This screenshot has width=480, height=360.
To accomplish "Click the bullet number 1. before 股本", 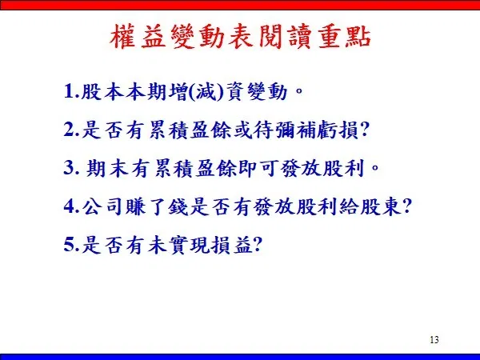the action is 71,91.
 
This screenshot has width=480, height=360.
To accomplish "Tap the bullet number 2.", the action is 71,130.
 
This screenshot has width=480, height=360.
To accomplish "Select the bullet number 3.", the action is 71,168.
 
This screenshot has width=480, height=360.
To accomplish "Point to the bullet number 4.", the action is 71,206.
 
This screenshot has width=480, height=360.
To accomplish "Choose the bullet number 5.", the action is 71,245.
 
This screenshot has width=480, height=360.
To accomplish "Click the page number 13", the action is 434,340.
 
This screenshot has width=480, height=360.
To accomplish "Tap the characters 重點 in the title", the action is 344,37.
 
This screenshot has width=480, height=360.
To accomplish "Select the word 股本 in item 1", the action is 102,91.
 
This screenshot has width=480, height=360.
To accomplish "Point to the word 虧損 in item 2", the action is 338,130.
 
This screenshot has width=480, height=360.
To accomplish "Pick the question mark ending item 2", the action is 363,130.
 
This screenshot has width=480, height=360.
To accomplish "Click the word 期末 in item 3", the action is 107,168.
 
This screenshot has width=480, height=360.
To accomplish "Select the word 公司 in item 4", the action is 102,207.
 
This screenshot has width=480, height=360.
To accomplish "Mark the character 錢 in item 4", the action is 178,207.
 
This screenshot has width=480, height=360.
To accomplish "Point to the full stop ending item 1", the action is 298,90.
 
